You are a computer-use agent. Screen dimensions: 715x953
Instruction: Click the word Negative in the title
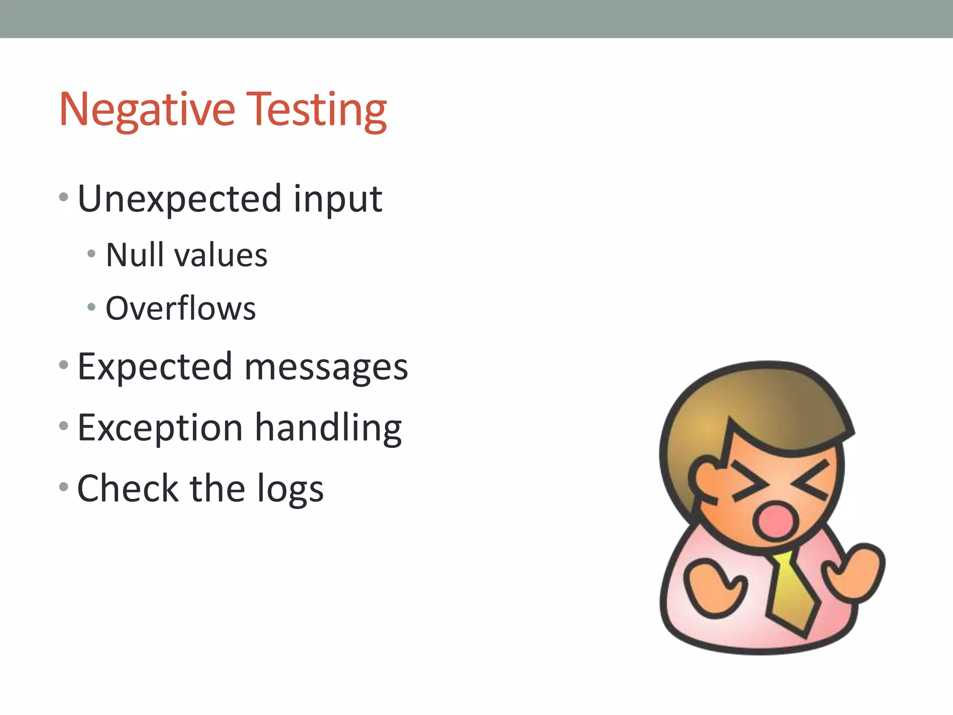(147, 110)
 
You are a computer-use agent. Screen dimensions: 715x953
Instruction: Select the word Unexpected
(179, 199)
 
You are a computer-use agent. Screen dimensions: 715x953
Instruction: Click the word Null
(134, 255)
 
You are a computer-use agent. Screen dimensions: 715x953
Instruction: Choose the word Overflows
(181, 309)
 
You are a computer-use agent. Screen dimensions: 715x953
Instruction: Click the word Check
(128, 489)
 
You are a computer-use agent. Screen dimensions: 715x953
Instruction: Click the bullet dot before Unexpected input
(64, 198)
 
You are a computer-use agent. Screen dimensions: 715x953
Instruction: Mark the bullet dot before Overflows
(91, 307)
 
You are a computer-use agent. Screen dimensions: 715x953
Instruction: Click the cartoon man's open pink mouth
(775, 519)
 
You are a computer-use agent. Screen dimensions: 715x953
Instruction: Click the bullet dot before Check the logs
(64, 487)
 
